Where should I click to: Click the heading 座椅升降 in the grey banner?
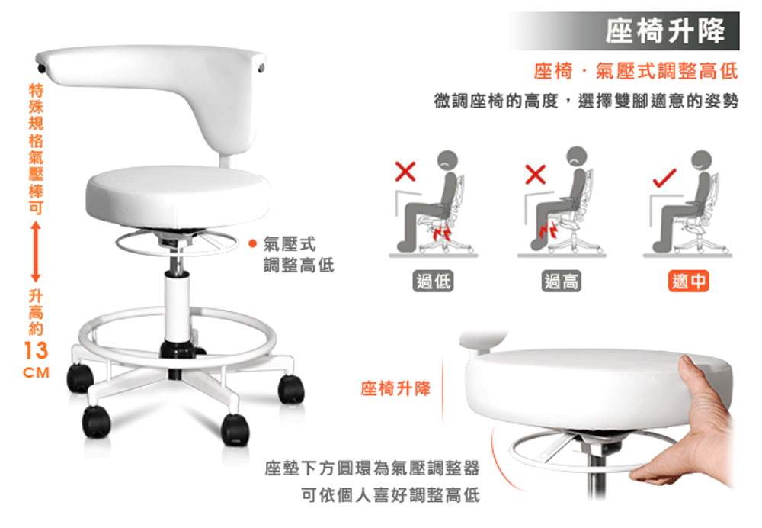tap(665, 31)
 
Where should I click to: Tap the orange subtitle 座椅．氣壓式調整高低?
tap(636, 71)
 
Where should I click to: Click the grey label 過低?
tap(433, 282)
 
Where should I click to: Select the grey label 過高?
tap(562, 282)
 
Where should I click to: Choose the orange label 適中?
tap(689, 281)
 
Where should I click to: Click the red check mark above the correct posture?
tap(664, 178)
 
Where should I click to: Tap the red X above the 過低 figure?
tap(405, 171)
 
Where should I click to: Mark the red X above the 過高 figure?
tap(535, 174)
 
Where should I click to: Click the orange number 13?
tap(36, 350)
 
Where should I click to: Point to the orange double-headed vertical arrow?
tap(36, 252)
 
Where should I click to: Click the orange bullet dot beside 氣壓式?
tap(252, 243)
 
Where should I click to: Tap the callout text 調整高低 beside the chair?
tap(299, 266)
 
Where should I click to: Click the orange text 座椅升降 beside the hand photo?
tap(395, 389)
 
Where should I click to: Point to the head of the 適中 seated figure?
tap(701, 160)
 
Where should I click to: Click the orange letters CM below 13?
tap(37, 373)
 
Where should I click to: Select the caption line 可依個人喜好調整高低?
tap(390, 495)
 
